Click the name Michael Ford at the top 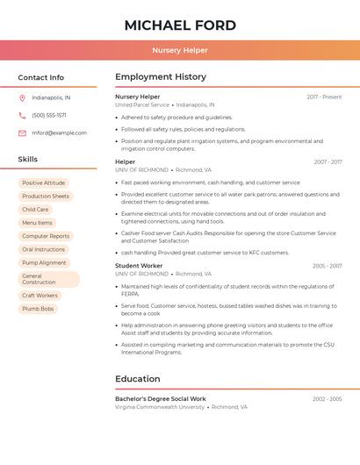(x=179, y=25)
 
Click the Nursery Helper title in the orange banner (x=179, y=50)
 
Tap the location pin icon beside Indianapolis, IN (x=22, y=97)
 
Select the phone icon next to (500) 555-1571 (x=22, y=115)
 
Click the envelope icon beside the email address (x=22, y=133)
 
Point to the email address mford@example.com (x=59, y=133)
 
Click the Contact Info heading (x=40, y=77)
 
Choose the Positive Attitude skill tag (x=44, y=182)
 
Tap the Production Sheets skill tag (x=46, y=197)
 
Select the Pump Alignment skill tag (x=44, y=262)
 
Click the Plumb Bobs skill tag (x=38, y=309)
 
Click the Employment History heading (x=161, y=77)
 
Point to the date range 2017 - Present (x=324, y=97)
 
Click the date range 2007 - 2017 (x=328, y=161)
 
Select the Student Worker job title (x=139, y=266)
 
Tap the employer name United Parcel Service (x=142, y=104)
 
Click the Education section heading (x=137, y=379)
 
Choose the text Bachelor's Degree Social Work (x=161, y=399)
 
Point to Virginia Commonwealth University (x=160, y=407)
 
